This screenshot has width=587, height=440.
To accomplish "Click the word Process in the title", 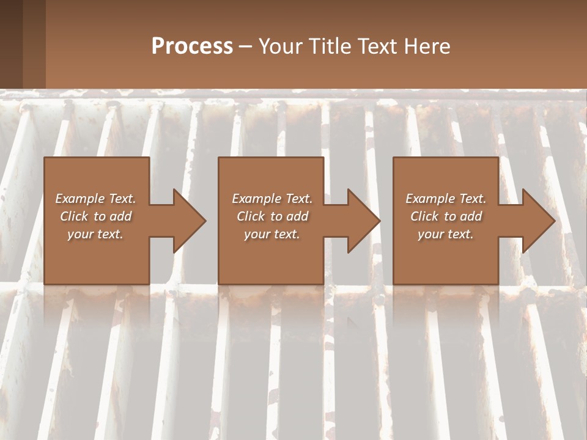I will (x=192, y=46).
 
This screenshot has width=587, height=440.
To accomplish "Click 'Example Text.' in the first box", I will (x=95, y=199).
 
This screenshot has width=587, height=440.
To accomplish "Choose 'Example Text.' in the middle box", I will (x=272, y=199).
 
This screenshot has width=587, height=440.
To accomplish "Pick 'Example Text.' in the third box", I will (x=446, y=199).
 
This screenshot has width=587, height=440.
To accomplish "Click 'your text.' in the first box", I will (x=95, y=234).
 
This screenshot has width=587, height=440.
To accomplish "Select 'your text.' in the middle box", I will (x=272, y=234).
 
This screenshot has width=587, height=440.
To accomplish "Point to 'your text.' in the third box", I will (x=446, y=234).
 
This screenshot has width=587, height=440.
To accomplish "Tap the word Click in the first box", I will (x=74, y=216).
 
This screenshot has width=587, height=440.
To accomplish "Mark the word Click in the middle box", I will (x=251, y=216).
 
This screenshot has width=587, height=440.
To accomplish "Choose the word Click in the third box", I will (x=424, y=216).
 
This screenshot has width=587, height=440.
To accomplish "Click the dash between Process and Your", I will (x=246, y=46).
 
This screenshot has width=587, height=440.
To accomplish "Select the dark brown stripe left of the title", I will (x=11, y=44).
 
